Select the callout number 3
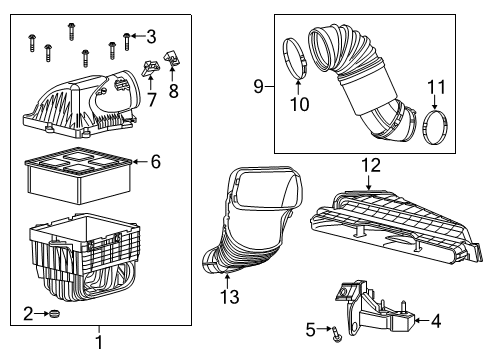pyautogui.click(x=150, y=38)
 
